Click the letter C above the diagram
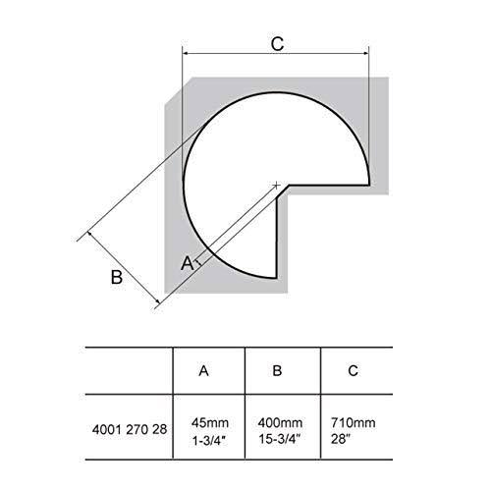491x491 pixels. click(x=277, y=44)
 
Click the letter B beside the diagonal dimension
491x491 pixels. click(x=117, y=277)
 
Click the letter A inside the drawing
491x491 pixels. click(x=187, y=263)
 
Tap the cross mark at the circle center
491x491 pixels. click(x=276, y=186)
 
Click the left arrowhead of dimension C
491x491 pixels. click(x=185, y=53)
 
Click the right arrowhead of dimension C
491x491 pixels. click(x=366, y=53)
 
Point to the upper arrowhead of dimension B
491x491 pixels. click(x=89, y=234)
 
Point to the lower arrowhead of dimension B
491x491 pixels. click(x=158, y=302)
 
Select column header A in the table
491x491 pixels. click(x=203, y=371)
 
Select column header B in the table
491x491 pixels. click(x=277, y=371)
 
